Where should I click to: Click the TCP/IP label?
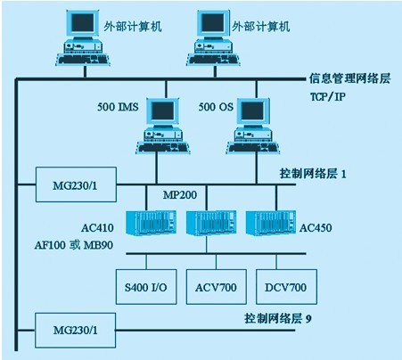click(x=328, y=96)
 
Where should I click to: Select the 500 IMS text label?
click(x=118, y=107)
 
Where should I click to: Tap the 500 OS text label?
click(x=216, y=107)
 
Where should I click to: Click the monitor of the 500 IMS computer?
click(x=164, y=111)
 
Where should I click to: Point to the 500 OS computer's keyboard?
click(x=253, y=148)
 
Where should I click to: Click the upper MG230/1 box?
click(x=76, y=184)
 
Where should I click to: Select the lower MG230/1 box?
click(x=75, y=330)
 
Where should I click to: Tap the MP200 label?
click(x=180, y=195)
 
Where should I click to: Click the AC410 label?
click(x=97, y=228)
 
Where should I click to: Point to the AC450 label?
click(x=316, y=228)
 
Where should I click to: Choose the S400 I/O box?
click(x=146, y=287)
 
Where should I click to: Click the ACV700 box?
click(x=217, y=287)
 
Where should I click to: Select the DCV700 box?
click(x=286, y=287)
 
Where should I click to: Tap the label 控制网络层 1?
click(x=313, y=174)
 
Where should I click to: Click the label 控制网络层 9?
click(x=278, y=318)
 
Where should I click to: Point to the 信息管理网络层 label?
click(x=349, y=78)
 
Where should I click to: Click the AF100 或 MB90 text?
click(x=74, y=245)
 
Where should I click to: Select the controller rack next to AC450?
click(x=271, y=223)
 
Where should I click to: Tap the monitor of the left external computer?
click(x=82, y=23)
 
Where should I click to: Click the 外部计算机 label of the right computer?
click(x=261, y=27)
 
